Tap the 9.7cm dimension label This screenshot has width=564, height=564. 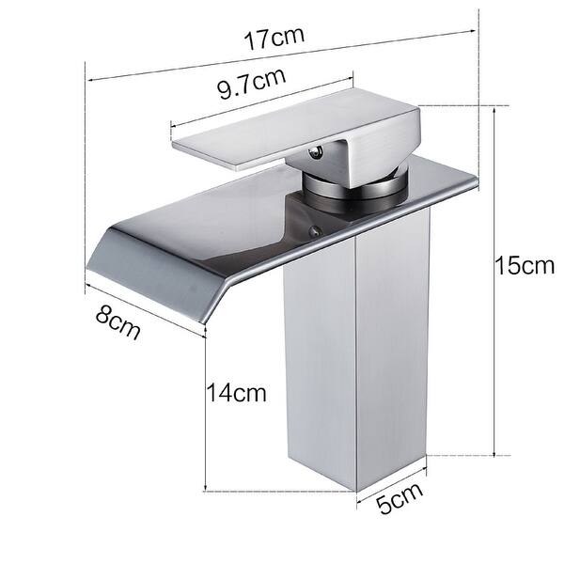(251, 86)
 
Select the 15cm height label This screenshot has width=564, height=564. (525, 265)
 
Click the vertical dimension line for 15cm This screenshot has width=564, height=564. (495, 282)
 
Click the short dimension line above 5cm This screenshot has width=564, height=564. (392, 475)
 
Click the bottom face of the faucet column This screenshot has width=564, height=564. (320, 475)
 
